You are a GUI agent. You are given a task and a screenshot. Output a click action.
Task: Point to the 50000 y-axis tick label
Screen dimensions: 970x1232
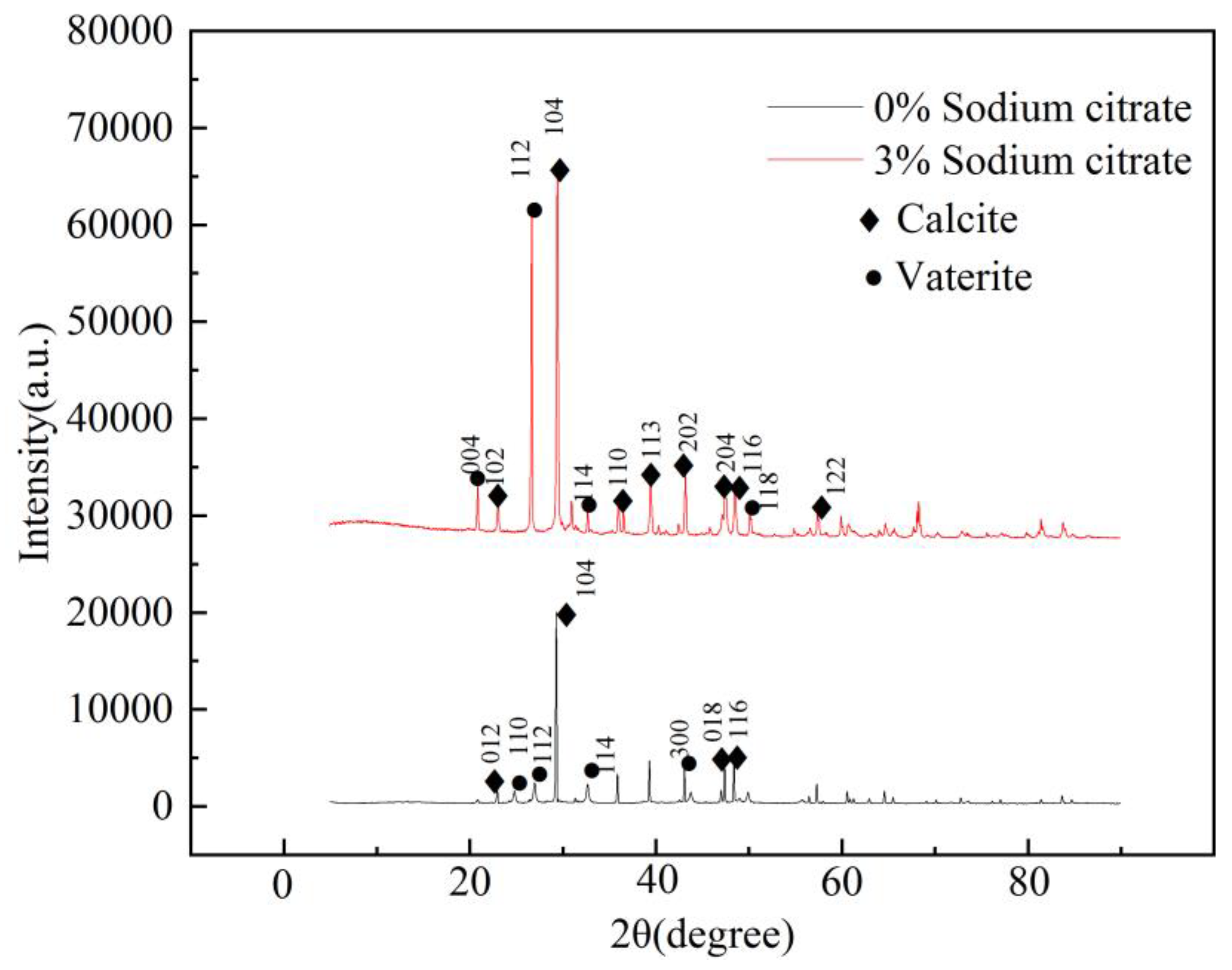119,322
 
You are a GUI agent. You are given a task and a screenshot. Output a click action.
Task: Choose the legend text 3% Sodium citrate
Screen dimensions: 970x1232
1032,161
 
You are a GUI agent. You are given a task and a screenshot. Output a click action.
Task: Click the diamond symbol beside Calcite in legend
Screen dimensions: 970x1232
869,220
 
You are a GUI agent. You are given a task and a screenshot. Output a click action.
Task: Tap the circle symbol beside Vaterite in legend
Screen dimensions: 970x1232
874,278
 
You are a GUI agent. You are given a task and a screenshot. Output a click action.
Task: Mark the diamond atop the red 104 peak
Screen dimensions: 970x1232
559,171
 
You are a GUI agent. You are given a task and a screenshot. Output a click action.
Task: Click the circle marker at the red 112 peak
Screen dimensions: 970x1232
534,211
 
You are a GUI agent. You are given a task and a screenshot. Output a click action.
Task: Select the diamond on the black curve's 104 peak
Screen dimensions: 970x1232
566,615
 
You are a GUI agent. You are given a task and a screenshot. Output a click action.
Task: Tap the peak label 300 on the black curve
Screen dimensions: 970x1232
680,738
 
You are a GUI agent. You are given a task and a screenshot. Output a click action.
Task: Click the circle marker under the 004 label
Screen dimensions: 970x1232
477,478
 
